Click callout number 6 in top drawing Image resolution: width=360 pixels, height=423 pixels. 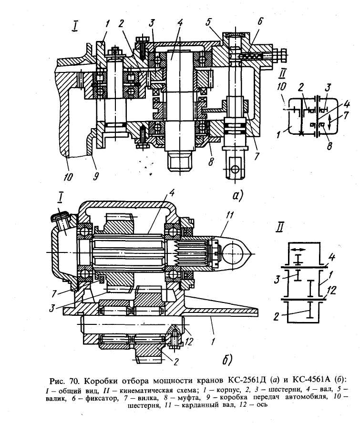259,21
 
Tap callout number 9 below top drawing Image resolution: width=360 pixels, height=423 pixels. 96,176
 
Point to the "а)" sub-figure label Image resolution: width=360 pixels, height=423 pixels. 238,195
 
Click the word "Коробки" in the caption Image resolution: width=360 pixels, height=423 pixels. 102,381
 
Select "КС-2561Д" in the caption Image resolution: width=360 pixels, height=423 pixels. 248,381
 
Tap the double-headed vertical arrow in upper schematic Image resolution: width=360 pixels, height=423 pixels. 329,122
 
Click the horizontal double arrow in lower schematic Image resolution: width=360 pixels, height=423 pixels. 298,249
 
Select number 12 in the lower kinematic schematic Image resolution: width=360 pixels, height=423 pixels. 331,291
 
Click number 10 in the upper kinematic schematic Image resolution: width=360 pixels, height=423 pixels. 281,87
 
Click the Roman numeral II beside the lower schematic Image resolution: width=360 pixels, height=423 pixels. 279,228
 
